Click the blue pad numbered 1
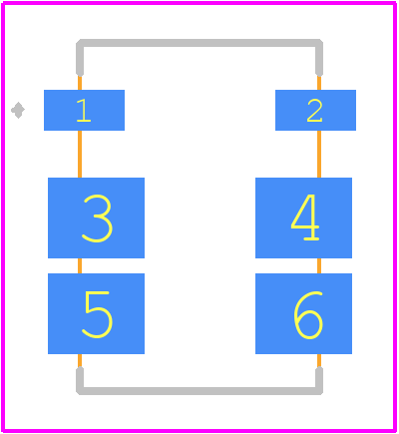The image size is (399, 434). click(x=84, y=110)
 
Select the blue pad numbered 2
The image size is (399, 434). click(x=315, y=110)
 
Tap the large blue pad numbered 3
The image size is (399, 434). click(x=96, y=217)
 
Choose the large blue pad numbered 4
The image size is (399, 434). click(x=303, y=217)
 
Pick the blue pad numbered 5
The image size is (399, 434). click(x=96, y=313)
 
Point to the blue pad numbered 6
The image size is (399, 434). click(x=303, y=313)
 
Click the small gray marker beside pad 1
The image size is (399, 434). click(x=18, y=110)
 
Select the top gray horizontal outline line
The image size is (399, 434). click(x=199, y=43)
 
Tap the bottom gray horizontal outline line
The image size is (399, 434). click(x=199, y=391)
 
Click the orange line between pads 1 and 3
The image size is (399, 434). click(x=80, y=154)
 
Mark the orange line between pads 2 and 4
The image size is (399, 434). click(x=319, y=154)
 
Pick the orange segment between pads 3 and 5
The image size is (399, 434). click(x=80, y=265)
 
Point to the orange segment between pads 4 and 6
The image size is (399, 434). click(x=319, y=265)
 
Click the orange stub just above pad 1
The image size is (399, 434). click(x=80, y=83)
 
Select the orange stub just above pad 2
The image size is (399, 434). click(x=319, y=83)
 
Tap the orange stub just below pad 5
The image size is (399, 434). click(x=80, y=361)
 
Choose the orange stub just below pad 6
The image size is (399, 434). click(x=319, y=361)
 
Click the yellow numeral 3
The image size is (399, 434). click(x=97, y=218)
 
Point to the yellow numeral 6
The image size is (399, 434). click(x=308, y=315)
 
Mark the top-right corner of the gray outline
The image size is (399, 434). click(x=319, y=43)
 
